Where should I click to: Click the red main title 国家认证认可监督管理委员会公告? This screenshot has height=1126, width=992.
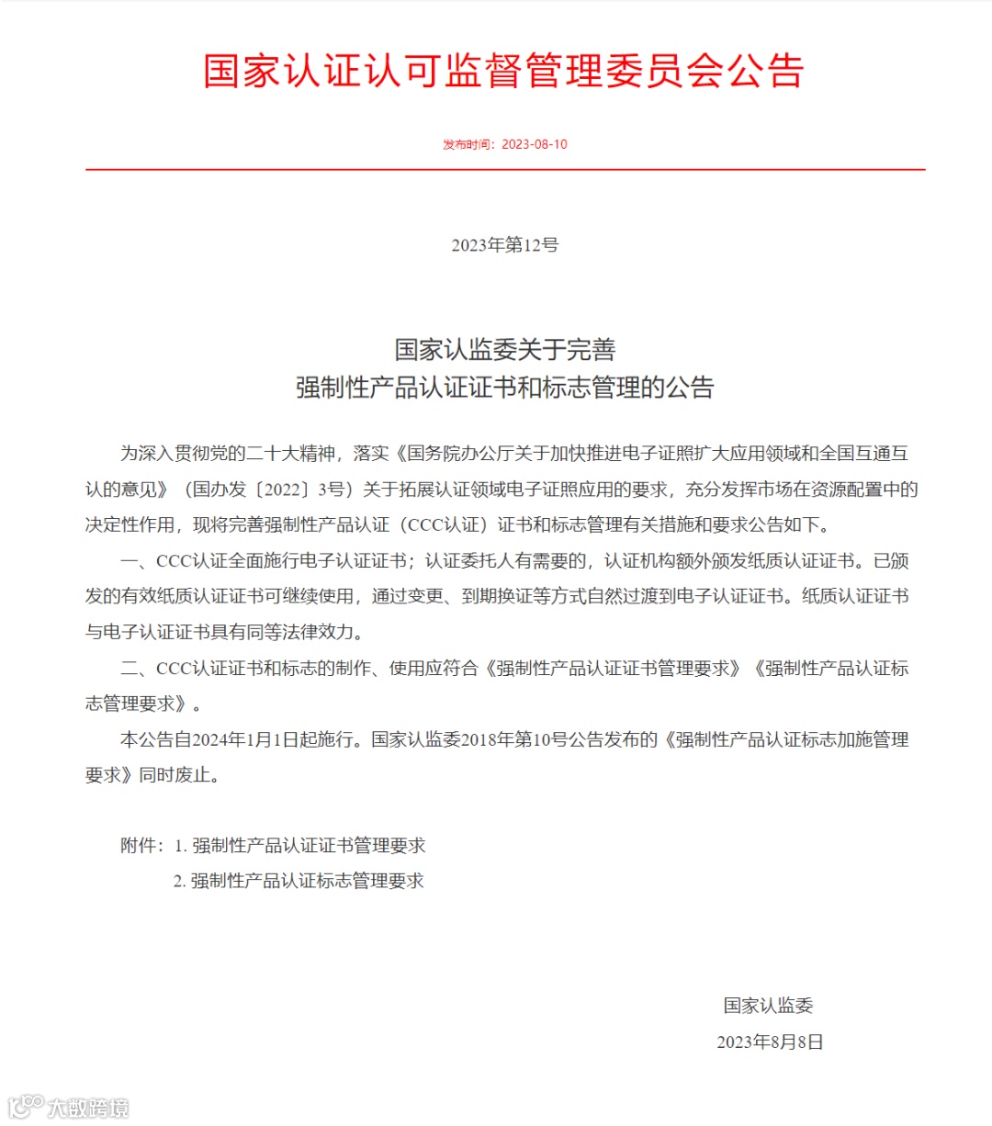tap(503, 71)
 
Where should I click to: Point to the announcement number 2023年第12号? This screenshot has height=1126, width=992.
tap(504, 245)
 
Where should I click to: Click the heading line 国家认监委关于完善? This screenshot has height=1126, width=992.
tap(504, 350)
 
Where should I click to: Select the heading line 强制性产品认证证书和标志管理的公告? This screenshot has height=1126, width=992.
tap(504, 388)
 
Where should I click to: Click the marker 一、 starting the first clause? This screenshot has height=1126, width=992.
tap(137, 561)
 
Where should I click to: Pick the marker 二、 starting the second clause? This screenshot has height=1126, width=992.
tap(137, 669)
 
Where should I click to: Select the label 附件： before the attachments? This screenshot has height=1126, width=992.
tap(142, 846)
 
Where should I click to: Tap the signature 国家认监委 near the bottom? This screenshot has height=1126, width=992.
tap(769, 1006)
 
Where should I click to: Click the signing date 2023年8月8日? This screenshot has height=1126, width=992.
tap(770, 1042)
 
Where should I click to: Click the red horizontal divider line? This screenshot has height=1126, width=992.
tap(504, 170)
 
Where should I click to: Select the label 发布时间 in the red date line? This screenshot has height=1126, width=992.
tap(468, 144)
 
